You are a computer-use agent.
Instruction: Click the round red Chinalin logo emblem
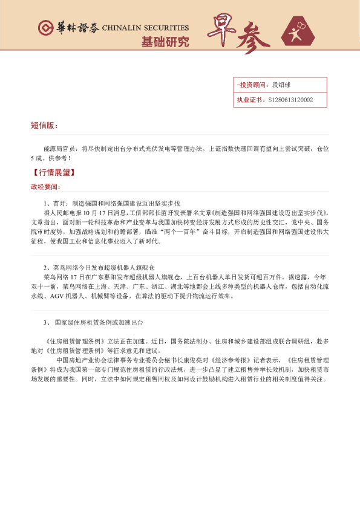click(x=45, y=28)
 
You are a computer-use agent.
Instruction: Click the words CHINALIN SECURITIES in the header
click(x=145, y=28)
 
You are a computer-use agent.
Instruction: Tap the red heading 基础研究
click(x=165, y=42)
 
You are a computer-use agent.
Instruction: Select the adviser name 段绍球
click(x=282, y=85)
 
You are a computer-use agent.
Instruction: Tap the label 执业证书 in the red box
click(x=249, y=100)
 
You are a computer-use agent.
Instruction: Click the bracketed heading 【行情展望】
click(x=53, y=173)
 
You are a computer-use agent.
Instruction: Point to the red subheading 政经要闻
click(x=46, y=186)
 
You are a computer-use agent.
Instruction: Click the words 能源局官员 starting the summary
click(x=59, y=148)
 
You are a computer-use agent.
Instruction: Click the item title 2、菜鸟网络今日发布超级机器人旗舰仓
click(x=99, y=267)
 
